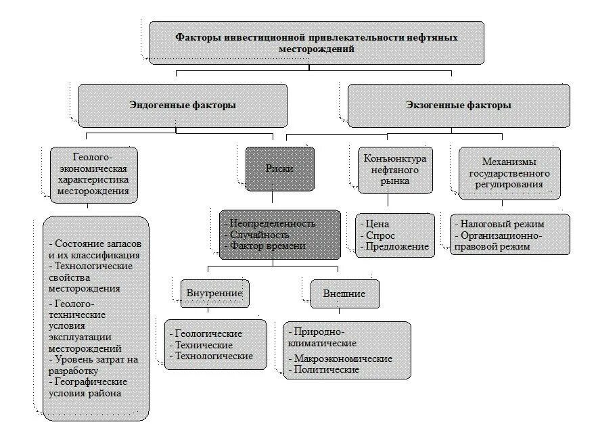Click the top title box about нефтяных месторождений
tap(317, 43)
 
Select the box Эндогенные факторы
tap(183, 106)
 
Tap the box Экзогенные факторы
tap(459, 106)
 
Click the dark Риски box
tap(279, 168)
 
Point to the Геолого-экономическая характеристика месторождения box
tap(94, 175)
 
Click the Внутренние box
tap(214, 294)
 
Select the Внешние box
tap(345, 294)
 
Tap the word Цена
tap(379, 224)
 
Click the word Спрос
tap(381, 235)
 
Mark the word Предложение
tap(396, 247)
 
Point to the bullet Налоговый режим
tap(503, 224)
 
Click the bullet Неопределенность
tap(273, 223)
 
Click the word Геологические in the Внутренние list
tap(208, 333)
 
